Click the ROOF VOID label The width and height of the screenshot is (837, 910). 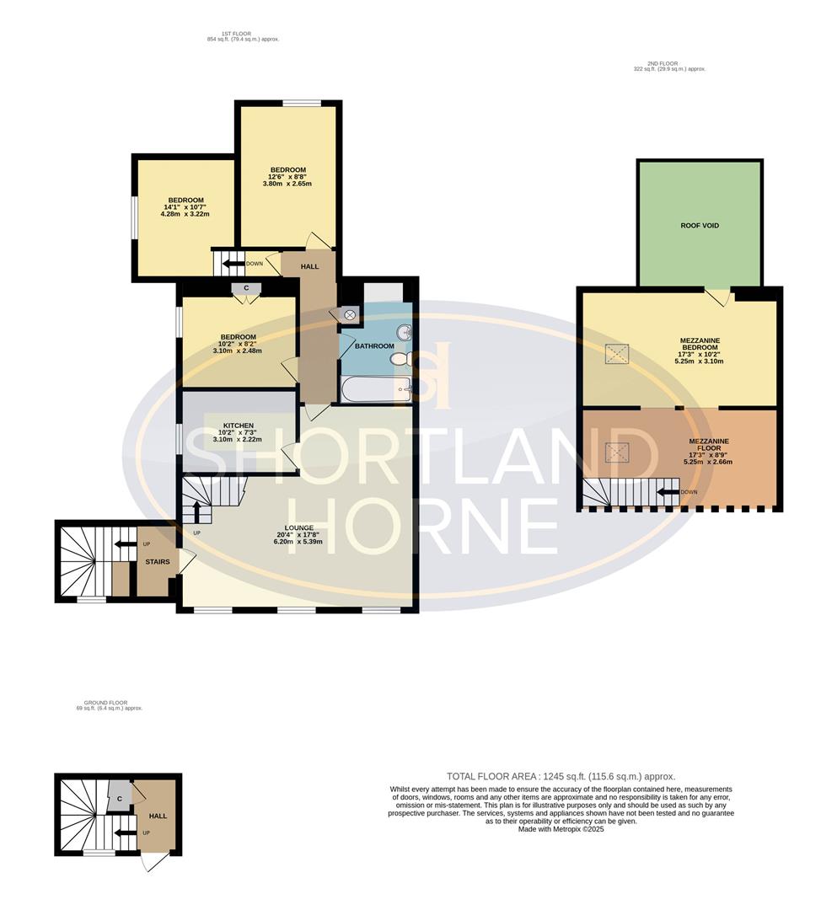click(700, 226)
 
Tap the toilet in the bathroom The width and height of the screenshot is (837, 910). click(400, 360)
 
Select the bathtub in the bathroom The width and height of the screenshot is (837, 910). click(375, 389)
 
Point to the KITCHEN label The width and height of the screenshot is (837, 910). click(239, 426)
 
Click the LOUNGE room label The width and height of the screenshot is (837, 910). click(298, 528)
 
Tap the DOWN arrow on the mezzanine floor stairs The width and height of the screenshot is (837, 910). click(668, 492)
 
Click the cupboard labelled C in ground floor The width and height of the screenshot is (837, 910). click(119, 798)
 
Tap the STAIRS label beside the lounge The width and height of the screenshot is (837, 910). click(158, 562)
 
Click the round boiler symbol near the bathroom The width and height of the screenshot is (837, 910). click(350, 314)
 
